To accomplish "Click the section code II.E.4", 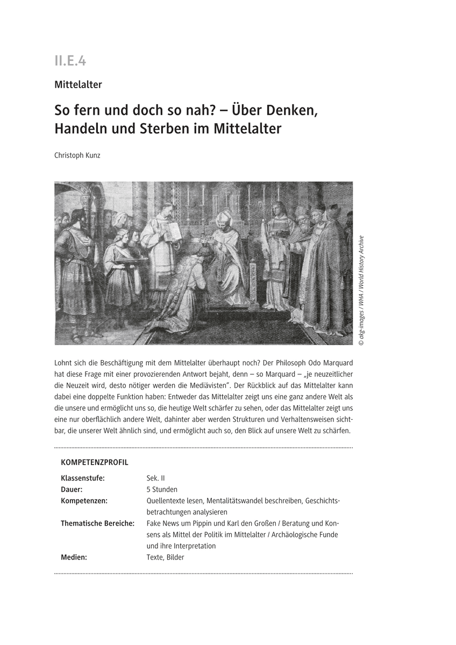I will coord(70,61).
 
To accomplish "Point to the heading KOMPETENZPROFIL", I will coord(95,462).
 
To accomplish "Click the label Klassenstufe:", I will coord(83,478).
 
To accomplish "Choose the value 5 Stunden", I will coord(162,489).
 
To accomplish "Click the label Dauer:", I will coord(72,489).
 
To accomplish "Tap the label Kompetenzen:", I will coord(84,500).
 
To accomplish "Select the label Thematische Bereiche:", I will coord(97,523).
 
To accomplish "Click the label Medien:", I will coord(74,557).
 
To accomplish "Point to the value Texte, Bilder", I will coord(165,557).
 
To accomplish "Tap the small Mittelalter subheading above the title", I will coord(78,84).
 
